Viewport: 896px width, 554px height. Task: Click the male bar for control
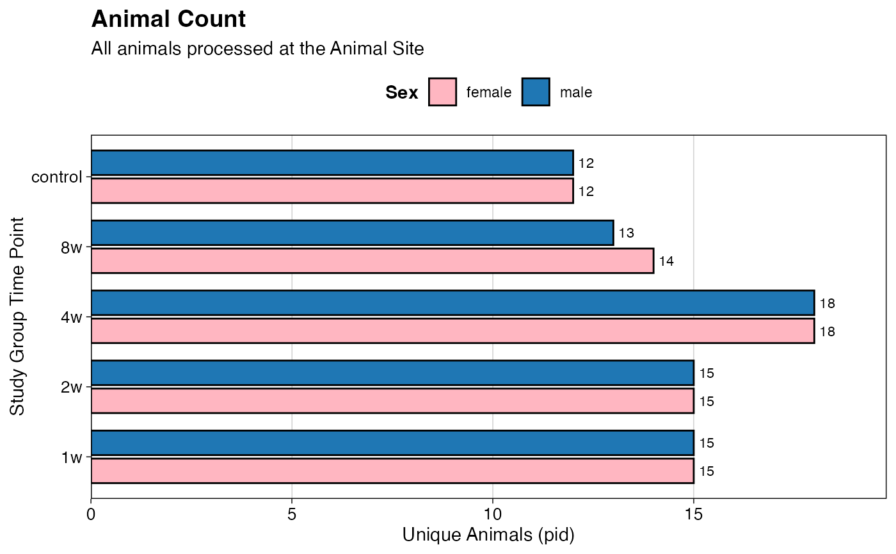[332, 163]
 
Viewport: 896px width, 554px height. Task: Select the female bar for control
[332, 191]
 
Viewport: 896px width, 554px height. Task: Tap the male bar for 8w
[353, 232]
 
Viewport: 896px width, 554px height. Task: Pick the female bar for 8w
[372, 261]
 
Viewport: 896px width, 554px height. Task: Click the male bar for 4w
[453, 303]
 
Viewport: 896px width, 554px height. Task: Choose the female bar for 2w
[392, 401]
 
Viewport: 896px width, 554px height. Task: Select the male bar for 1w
[392, 443]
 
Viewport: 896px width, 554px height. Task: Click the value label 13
[627, 233]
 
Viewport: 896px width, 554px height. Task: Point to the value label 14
[666, 261]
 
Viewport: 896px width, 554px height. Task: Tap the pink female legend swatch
[442, 92]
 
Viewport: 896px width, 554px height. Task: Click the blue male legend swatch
[536, 92]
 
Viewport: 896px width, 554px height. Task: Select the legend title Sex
[402, 92]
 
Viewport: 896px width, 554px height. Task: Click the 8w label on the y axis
[72, 248]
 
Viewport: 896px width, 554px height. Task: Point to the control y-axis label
[57, 177]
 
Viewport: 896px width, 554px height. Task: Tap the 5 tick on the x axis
[292, 514]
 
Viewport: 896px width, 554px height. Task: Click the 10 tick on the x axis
[493, 514]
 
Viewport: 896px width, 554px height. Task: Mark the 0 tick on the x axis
[91, 514]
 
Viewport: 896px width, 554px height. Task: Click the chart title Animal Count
[168, 19]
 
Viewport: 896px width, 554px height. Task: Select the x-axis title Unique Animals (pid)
[488, 535]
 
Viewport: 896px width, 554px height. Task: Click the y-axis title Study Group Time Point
[17, 316]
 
